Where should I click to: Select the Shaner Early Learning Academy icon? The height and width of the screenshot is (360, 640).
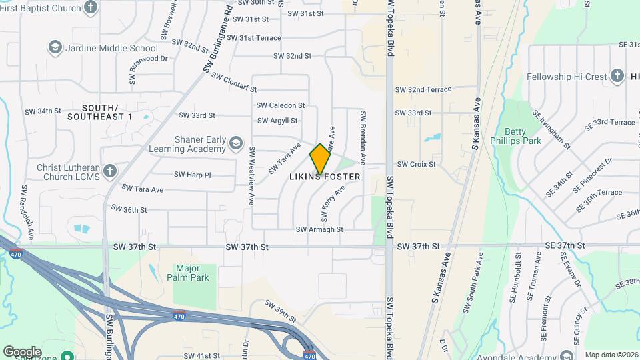click(x=235, y=143)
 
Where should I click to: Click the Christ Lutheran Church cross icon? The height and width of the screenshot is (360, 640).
click(x=109, y=171)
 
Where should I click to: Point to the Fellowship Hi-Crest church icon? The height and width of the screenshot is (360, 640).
click(x=617, y=77)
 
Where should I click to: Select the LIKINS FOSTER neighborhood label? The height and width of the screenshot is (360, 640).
click(x=325, y=177)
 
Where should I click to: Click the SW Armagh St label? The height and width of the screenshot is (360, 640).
click(x=319, y=229)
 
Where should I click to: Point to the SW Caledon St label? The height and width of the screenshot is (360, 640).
click(x=281, y=105)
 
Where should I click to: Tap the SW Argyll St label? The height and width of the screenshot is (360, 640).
click(x=277, y=121)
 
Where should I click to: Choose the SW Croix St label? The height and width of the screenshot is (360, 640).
click(x=416, y=164)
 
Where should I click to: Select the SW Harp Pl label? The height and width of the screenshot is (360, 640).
click(x=192, y=175)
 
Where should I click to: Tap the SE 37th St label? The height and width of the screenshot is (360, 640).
click(x=565, y=246)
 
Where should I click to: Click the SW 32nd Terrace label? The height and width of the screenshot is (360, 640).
click(x=423, y=89)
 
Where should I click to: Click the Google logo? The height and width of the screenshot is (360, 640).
click(x=22, y=351)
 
